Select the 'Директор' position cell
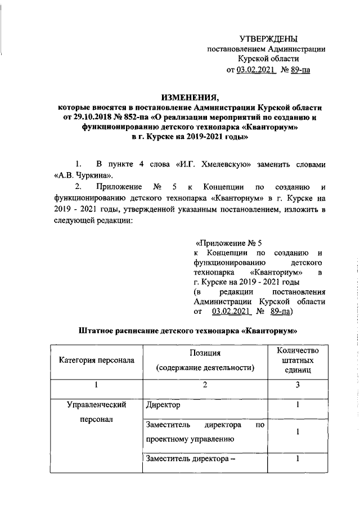click(x=164, y=420)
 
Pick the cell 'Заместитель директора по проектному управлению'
click(x=205, y=448)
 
